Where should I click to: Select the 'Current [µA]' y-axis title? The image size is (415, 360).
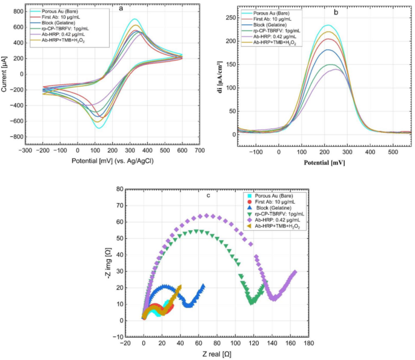click(x=5, y=73)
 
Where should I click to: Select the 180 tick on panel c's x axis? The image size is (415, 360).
click(x=308, y=342)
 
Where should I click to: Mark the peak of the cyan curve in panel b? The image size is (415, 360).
click(x=328, y=25)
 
